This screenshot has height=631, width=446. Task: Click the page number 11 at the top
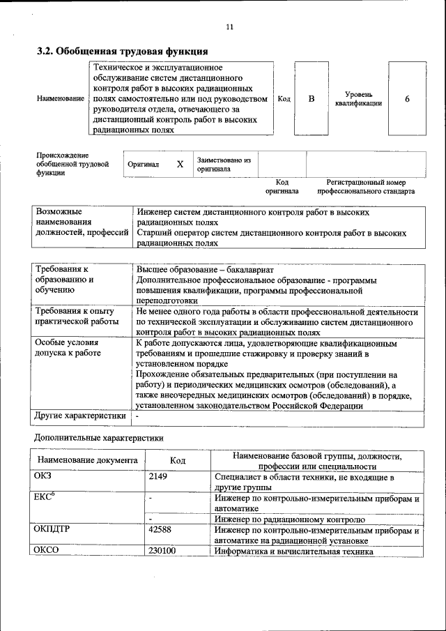pyautogui.click(x=229, y=27)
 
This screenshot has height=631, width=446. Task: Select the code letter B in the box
pyautogui.click(x=312, y=99)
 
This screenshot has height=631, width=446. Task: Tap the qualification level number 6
pyautogui.click(x=407, y=99)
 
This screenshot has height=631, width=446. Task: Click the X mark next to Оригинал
pyautogui.click(x=179, y=164)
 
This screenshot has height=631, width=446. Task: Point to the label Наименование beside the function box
pyautogui.click(x=60, y=99)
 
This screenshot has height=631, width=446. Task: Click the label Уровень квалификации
pyautogui.click(x=358, y=98)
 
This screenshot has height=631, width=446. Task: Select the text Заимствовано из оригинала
pyautogui.click(x=224, y=164)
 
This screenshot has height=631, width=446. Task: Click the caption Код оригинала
pyautogui.click(x=282, y=185)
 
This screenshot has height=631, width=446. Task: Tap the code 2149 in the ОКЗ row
pyautogui.click(x=159, y=477)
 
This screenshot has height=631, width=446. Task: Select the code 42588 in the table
pyautogui.click(x=160, y=529)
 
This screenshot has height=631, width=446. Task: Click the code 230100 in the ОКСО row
pyautogui.click(x=162, y=551)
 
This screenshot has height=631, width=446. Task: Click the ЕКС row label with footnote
pyautogui.click(x=44, y=498)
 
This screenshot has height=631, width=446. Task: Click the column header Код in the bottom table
pyautogui.click(x=178, y=461)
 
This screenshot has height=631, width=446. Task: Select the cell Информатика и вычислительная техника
pyautogui.click(x=294, y=551)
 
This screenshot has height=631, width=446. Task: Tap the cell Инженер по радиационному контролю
pyautogui.click(x=290, y=519)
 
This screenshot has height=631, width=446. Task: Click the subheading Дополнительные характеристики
pyautogui.click(x=99, y=439)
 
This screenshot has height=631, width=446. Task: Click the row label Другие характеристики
pyautogui.click(x=80, y=416)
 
